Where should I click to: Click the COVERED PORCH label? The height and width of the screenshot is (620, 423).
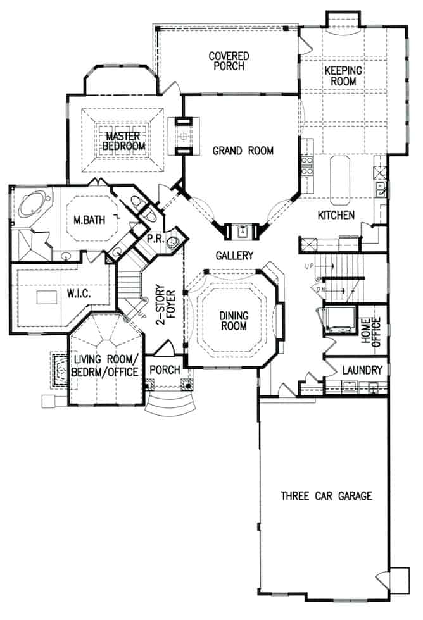click(x=229, y=61)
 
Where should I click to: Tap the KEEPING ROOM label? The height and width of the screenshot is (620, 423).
click(x=343, y=76)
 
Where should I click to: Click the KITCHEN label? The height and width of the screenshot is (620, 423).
click(x=336, y=215)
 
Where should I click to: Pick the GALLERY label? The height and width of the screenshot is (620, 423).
click(x=234, y=256)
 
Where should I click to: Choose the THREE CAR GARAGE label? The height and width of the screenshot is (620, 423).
click(x=326, y=495)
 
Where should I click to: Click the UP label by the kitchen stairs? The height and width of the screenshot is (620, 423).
click(x=309, y=266)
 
